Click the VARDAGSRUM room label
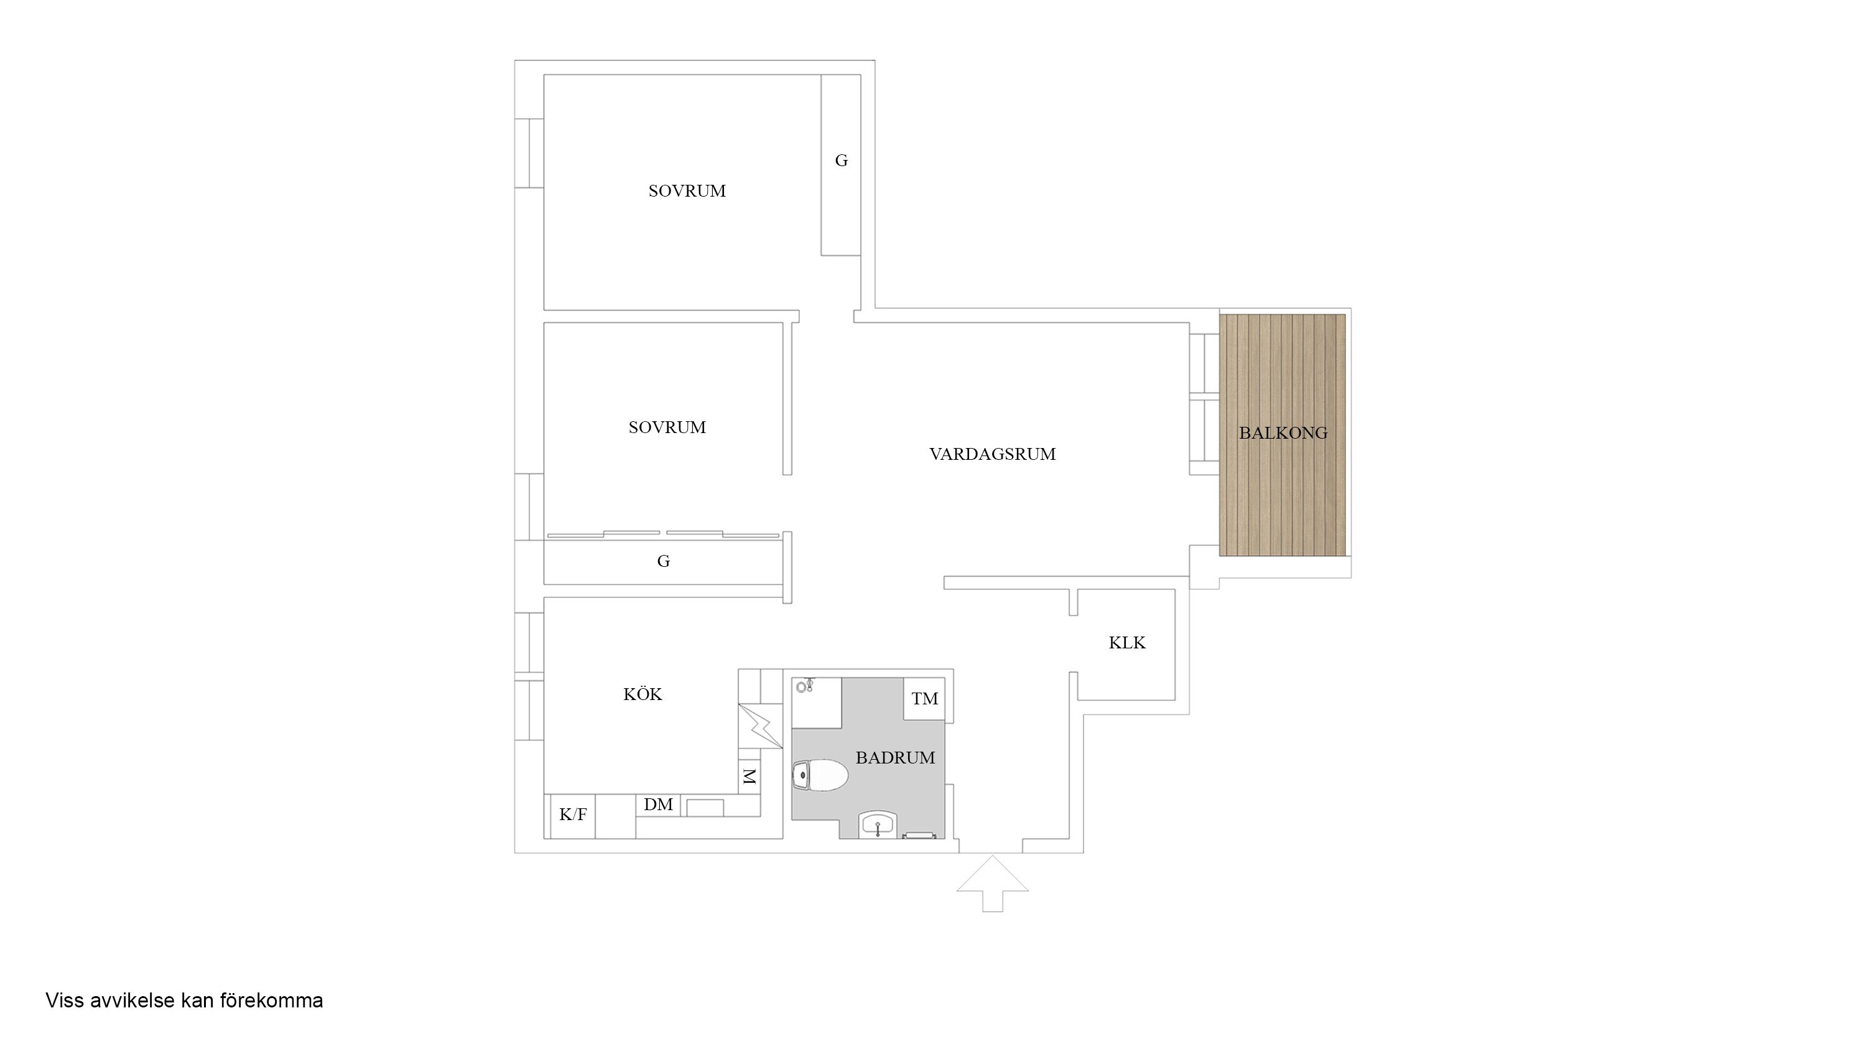tap(992, 454)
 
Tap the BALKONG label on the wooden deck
tap(1283, 433)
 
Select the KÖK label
tap(643, 694)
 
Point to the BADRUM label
tap(895, 758)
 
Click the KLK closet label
tap(1127, 643)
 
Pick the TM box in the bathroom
tap(924, 698)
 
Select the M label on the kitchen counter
tap(749, 777)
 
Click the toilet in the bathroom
tap(820, 776)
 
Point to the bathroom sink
tap(878, 825)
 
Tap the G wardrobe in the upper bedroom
tap(840, 164)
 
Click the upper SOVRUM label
tap(687, 191)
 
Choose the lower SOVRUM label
tap(667, 427)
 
